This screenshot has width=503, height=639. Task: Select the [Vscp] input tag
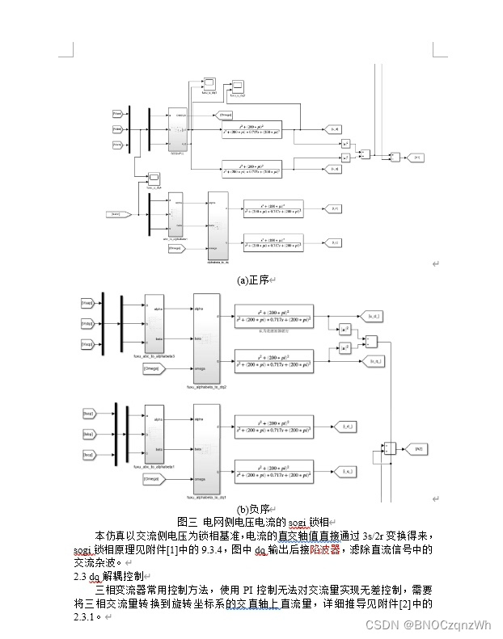click(x=87, y=343)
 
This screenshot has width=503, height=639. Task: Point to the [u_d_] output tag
click(x=374, y=315)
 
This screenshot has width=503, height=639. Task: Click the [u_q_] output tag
click(x=374, y=361)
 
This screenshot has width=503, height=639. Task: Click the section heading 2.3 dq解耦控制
click(x=108, y=576)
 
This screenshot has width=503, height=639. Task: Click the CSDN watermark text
click(x=428, y=625)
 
